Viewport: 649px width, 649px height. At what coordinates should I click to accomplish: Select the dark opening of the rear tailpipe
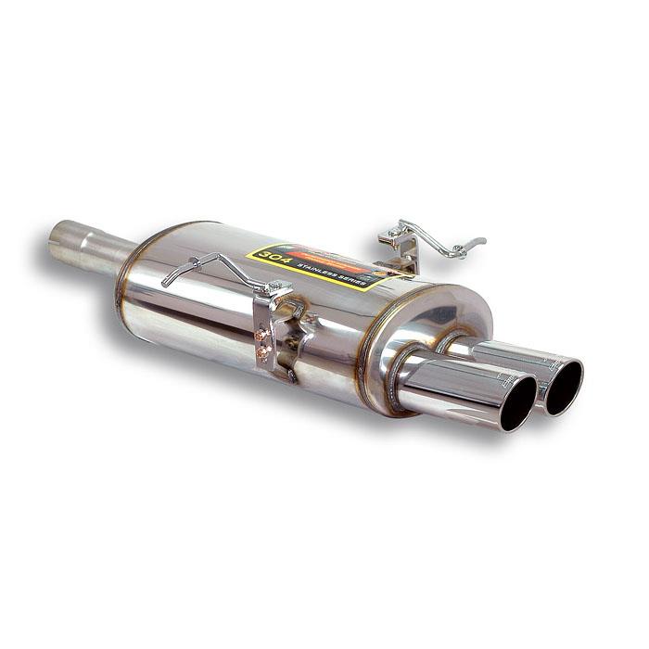click(x=564, y=386)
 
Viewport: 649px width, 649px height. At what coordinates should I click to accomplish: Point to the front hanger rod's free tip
click(x=166, y=282)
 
